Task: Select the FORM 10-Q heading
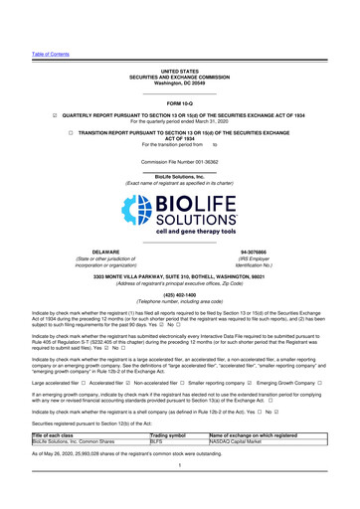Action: click(x=179, y=102)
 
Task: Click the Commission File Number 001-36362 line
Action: click(x=179, y=160)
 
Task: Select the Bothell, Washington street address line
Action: click(x=179, y=275)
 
